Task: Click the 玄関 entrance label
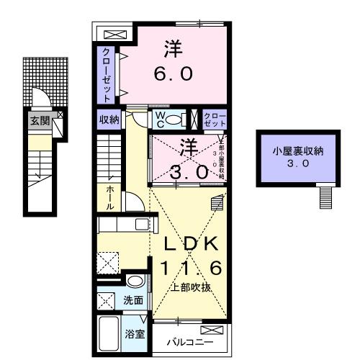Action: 40,120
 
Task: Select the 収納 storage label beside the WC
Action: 109,120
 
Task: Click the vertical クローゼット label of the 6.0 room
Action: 106,73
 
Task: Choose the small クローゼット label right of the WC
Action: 214,120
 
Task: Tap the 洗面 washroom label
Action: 134,300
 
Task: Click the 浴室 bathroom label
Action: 134,333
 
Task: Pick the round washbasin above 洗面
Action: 134,281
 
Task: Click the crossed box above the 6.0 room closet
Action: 113,34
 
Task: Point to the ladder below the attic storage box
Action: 327,194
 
